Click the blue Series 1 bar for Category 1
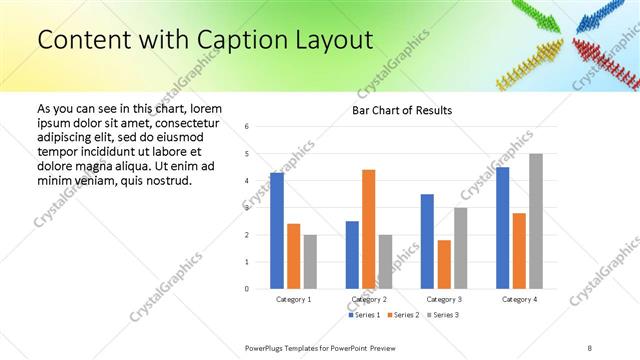[277, 230]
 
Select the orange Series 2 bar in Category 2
[368, 229]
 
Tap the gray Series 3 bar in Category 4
[536, 221]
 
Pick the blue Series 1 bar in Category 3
[427, 241]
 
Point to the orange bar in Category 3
[444, 264]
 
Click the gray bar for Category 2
[385, 261]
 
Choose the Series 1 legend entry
[364, 316]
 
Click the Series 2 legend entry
[402, 316]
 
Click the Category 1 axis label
[294, 299]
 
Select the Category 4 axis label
[519, 299]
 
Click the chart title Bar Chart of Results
[402, 110]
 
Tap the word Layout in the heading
[334, 40]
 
